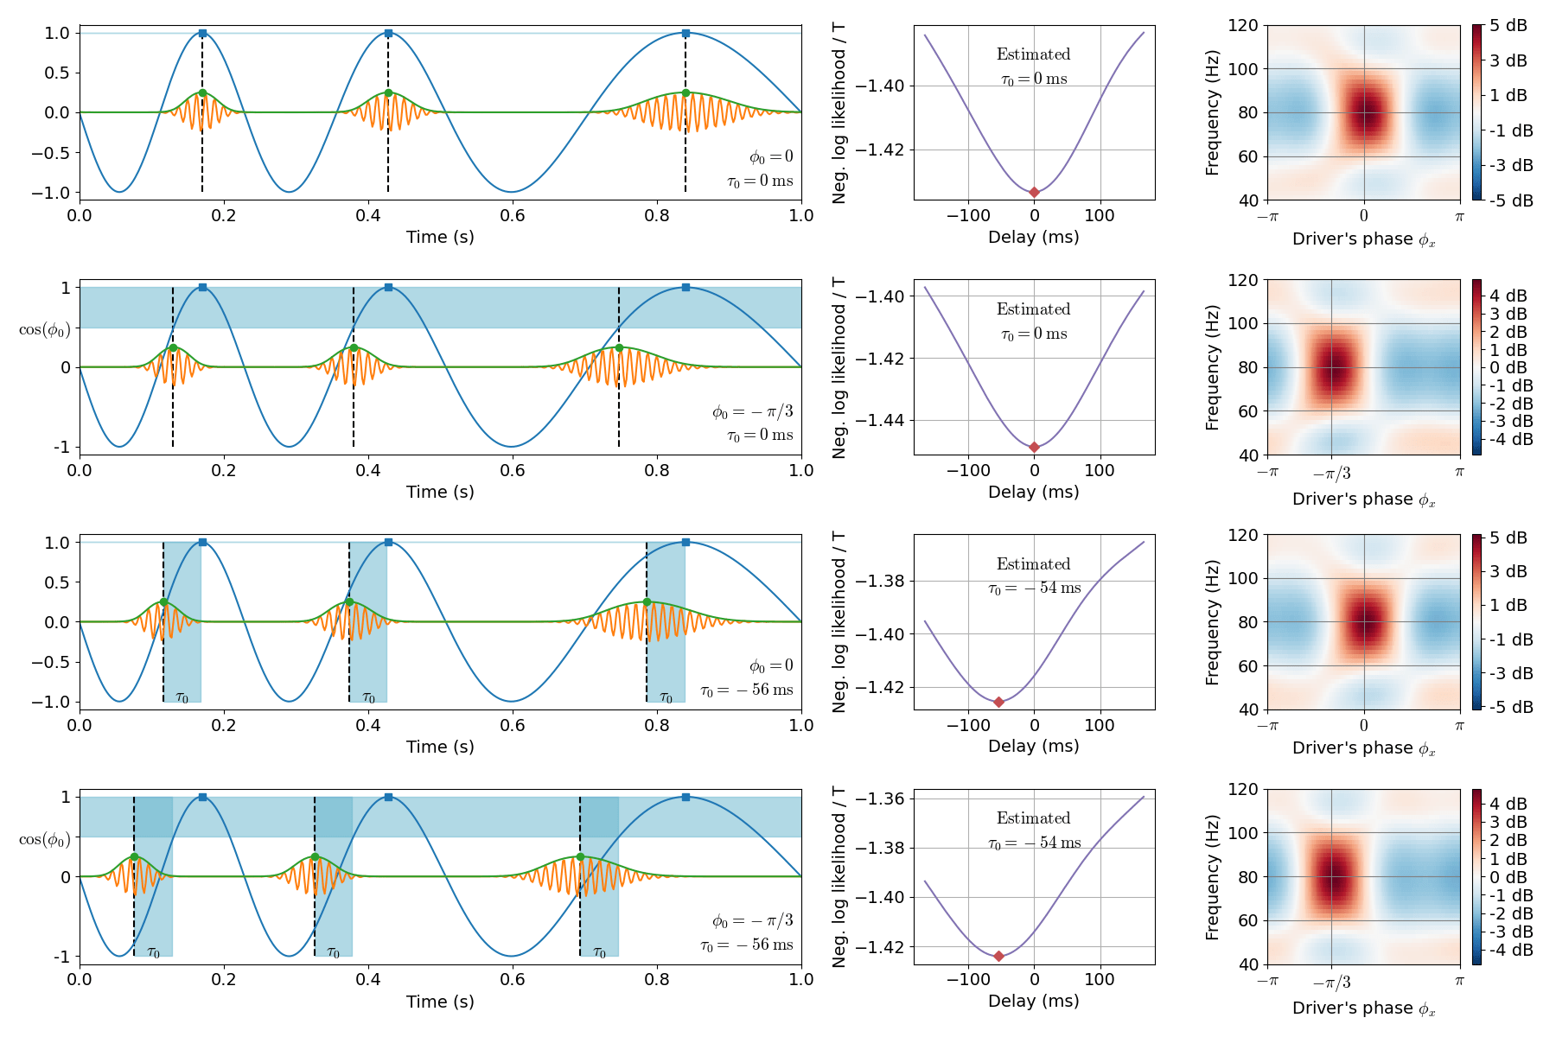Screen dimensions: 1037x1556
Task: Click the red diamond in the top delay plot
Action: (x=1034, y=192)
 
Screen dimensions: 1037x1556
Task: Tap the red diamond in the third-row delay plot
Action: (x=998, y=702)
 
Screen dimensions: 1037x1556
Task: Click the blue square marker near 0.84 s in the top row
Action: (x=686, y=33)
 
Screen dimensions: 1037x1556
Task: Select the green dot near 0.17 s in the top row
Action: (x=202, y=92)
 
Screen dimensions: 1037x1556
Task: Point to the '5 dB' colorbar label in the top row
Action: (x=1508, y=26)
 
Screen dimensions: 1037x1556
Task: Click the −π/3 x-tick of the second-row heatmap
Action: (x=1331, y=473)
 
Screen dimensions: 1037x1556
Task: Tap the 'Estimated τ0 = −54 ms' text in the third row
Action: (x=1034, y=576)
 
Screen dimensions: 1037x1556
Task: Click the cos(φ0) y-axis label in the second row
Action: (x=44, y=329)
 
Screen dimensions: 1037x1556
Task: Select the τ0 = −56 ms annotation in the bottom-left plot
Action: (x=746, y=945)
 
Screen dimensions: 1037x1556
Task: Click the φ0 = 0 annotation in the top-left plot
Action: (x=770, y=156)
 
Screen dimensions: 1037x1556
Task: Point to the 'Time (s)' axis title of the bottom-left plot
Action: (x=440, y=1002)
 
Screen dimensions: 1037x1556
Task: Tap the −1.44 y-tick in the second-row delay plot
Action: (x=880, y=421)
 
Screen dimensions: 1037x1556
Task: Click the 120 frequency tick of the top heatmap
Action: (x=1243, y=25)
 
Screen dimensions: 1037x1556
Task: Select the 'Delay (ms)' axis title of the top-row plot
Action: (x=1033, y=237)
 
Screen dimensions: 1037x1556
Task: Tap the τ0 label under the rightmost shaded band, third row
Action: (x=666, y=697)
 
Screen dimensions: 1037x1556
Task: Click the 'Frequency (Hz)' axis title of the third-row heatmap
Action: (x=1212, y=622)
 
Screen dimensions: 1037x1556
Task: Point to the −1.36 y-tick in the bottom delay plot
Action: (x=880, y=798)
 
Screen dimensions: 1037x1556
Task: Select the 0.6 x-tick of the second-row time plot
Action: (x=513, y=470)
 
